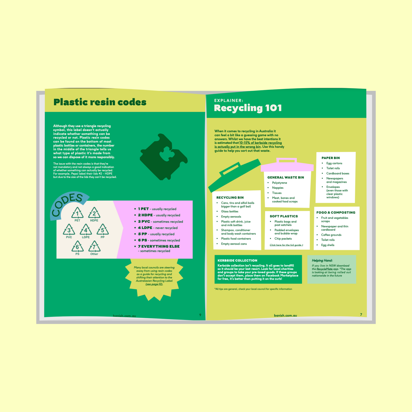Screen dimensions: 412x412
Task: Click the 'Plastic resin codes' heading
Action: point(100,102)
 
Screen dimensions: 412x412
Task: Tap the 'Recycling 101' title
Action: point(248,108)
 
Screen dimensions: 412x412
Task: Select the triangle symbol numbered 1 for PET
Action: point(77,213)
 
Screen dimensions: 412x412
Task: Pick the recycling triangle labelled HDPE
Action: point(94,213)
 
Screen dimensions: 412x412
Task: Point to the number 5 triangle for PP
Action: point(103,230)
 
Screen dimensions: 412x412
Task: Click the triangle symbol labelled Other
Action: point(94,246)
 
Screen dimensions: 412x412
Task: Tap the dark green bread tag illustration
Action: point(164,157)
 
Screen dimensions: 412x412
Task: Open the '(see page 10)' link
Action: point(154,284)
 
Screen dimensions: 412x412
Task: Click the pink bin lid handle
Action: point(287,160)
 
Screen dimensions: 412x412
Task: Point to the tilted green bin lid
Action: point(235,175)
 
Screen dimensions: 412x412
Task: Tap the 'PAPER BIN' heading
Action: point(330,158)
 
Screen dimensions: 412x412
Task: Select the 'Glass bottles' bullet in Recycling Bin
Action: point(230,212)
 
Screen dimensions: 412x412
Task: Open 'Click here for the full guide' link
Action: point(286,245)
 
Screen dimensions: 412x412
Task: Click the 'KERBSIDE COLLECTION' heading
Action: point(237,260)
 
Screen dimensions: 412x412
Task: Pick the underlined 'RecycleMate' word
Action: point(324,269)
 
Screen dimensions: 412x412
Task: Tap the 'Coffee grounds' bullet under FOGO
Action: point(331,235)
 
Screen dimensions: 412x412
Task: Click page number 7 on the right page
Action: point(361,314)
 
